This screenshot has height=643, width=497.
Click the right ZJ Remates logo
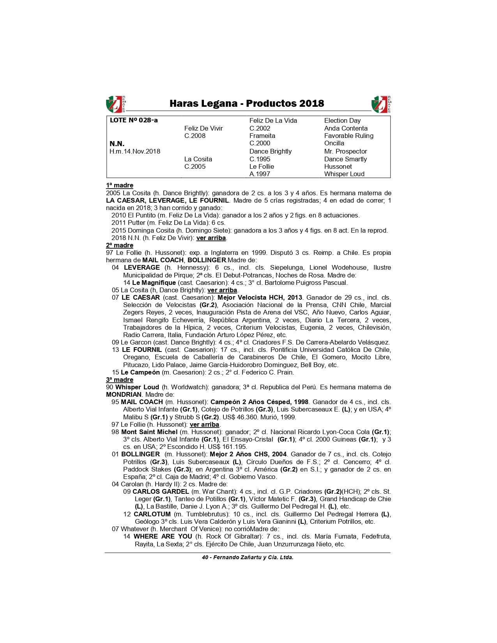click(x=381, y=104)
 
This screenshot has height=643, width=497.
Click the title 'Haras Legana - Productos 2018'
click(x=247, y=104)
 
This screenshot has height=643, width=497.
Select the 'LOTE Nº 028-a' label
click(x=134, y=120)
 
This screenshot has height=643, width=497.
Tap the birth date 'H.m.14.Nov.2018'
click(x=135, y=151)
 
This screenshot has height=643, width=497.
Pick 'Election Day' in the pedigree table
click(x=342, y=120)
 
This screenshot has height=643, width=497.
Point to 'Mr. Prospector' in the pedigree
click(x=345, y=151)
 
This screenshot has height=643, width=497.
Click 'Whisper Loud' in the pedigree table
click(x=344, y=174)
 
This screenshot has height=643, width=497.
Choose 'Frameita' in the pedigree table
click(x=262, y=136)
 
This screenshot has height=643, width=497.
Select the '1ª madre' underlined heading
click(x=120, y=185)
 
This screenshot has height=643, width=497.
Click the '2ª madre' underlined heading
click(x=120, y=245)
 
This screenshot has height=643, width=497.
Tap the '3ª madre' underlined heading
click(x=120, y=380)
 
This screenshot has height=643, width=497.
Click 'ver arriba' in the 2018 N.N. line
click(x=211, y=238)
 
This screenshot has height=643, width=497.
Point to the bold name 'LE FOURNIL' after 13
click(x=141, y=350)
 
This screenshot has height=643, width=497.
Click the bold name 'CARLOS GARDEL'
click(x=161, y=491)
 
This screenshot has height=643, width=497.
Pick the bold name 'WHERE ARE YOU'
click(x=163, y=536)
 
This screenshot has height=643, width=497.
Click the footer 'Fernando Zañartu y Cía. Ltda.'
click(x=253, y=557)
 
